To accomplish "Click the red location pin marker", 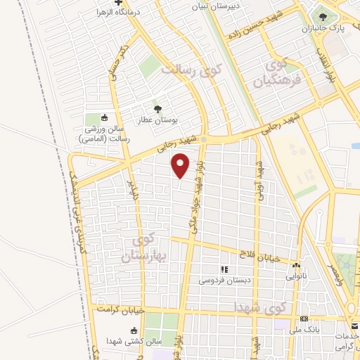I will click(181, 167).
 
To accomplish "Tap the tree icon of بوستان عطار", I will click(157, 108).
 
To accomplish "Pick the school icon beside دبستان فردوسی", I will click(224, 269).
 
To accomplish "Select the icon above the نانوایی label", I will click(296, 266).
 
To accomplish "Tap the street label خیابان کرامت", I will click(120, 309).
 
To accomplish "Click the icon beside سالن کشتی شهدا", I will click(133, 330).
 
